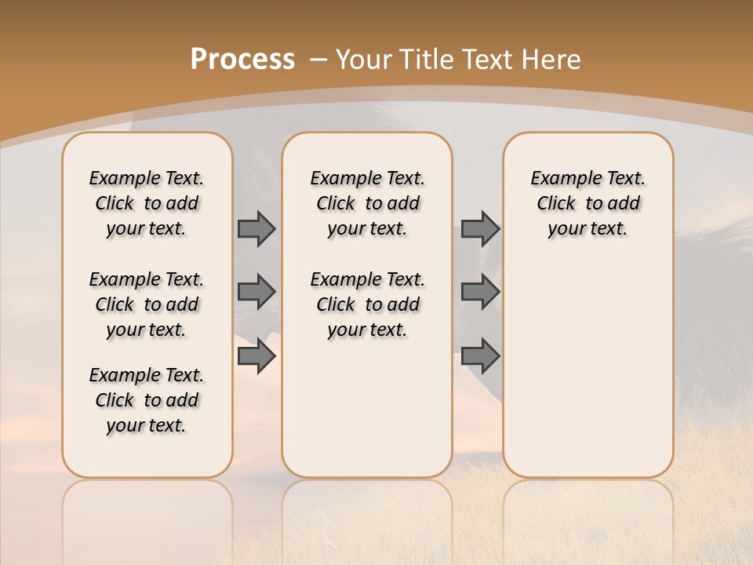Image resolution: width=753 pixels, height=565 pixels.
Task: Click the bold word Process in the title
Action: tap(242, 60)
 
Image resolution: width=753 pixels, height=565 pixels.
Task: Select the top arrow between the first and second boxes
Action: tap(256, 228)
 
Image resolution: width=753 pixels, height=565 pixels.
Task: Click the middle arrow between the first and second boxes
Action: tap(256, 291)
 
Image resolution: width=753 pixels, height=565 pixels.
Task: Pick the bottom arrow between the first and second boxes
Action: tap(256, 356)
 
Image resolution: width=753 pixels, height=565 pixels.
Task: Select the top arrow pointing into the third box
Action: tap(480, 228)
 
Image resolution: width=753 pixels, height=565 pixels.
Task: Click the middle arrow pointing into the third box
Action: tap(480, 291)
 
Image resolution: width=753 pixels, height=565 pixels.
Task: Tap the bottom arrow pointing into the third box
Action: tap(480, 356)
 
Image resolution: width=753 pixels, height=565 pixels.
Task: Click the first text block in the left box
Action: tap(146, 203)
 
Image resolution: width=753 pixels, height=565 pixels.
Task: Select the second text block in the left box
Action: tap(146, 304)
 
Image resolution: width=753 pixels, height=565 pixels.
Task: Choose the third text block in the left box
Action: tap(146, 400)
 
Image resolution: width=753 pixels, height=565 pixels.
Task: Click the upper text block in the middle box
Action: tap(367, 203)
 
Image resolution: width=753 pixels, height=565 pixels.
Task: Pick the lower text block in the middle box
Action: tap(367, 304)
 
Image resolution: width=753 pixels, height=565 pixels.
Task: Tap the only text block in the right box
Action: tap(587, 203)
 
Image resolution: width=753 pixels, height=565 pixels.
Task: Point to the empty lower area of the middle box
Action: tap(367, 408)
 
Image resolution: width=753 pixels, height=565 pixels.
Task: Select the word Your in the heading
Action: tap(366, 60)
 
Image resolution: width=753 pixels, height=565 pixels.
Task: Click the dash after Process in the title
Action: tap(318, 60)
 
